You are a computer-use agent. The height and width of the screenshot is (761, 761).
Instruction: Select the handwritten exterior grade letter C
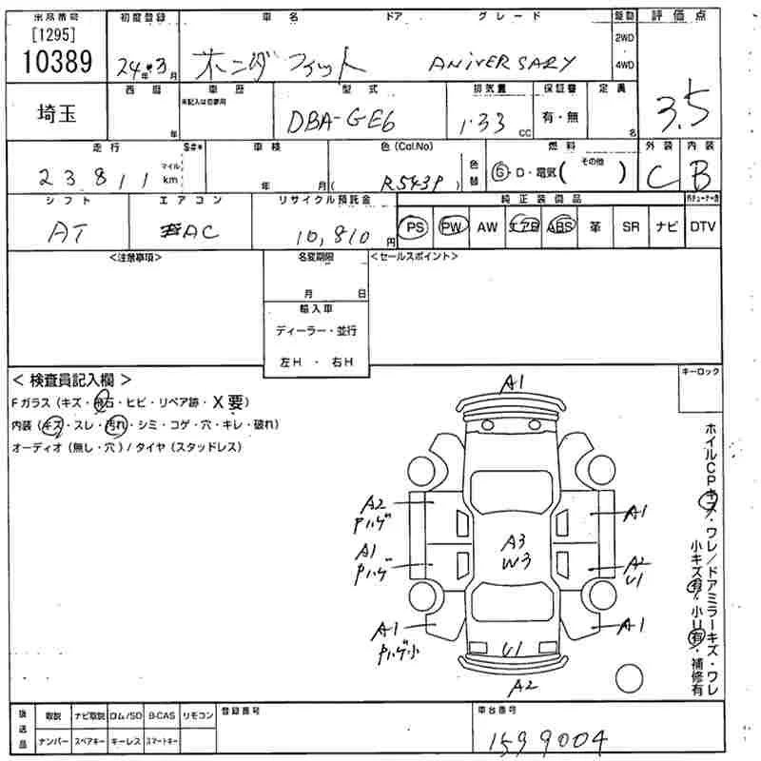657,176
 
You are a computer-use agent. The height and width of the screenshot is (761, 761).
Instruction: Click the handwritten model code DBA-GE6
333,121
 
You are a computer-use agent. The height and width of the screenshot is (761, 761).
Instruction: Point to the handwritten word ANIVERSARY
502,64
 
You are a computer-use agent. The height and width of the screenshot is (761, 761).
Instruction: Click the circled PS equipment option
414,227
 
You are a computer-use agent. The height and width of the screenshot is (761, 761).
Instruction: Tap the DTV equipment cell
702,227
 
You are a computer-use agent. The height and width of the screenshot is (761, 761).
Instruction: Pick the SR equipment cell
630,227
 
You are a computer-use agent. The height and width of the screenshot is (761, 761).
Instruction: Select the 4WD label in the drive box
624,65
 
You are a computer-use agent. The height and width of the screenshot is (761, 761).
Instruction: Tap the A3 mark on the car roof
516,541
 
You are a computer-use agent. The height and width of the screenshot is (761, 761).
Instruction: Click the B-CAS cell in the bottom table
161,714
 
